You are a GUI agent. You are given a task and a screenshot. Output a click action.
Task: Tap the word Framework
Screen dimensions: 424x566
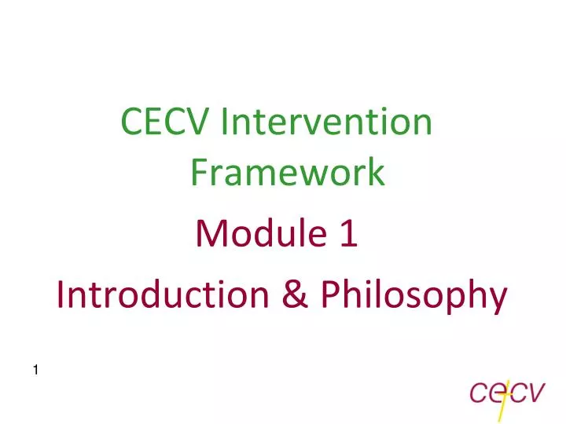288,173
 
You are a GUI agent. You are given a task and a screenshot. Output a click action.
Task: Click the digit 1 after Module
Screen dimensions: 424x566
350,233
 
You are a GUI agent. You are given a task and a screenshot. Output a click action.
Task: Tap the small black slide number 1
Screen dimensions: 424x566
38,370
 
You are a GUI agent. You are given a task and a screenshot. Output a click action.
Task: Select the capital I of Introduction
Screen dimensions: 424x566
62,295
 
